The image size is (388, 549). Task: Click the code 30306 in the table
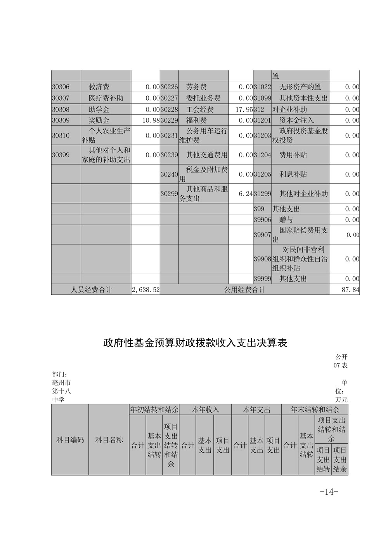click(61, 87)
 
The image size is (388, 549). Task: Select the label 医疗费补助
click(106, 98)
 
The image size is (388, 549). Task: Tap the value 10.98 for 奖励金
click(151, 120)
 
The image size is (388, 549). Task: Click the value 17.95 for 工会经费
click(244, 110)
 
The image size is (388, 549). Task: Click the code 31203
click(262, 136)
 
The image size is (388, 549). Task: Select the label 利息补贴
click(293, 174)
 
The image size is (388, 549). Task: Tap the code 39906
click(262, 220)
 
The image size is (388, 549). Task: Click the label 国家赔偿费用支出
click(300, 235)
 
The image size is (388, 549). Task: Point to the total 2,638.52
click(145, 290)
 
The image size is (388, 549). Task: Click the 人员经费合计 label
click(91, 290)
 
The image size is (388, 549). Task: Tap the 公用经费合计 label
click(244, 290)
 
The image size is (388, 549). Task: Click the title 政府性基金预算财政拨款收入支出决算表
click(195, 343)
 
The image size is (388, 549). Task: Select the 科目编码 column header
click(70, 440)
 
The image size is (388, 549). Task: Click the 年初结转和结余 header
click(154, 410)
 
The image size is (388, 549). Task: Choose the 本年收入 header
click(205, 410)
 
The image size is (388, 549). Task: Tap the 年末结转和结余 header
click(315, 410)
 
